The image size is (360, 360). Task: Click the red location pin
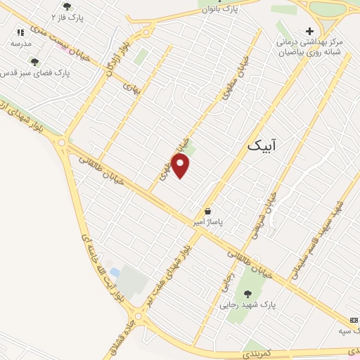pyautogui.click(x=181, y=166)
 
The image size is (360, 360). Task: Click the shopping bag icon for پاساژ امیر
pyautogui.click(x=207, y=211)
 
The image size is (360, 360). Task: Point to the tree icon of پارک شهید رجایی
pyautogui.click(x=247, y=294)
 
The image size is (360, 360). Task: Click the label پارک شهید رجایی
pyautogui.click(x=247, y=305)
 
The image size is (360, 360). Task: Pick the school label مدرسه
pyautogui.click(x=20, y=44)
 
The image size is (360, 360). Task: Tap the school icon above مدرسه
pyautogui.click(x=20, y=32)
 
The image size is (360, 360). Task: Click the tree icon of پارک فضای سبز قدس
pyautogui.click(x=34, y=62)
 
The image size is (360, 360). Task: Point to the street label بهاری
pyautogui.click(x=132, y=87)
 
